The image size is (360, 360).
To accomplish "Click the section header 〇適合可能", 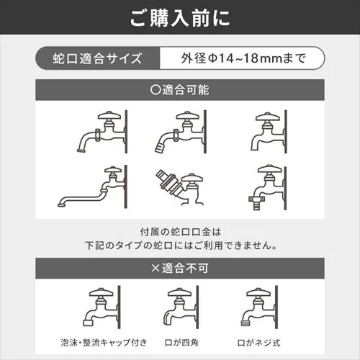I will click(x=180, y=91).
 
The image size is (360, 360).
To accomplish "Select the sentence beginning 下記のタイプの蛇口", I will click(x=180, y=245).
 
